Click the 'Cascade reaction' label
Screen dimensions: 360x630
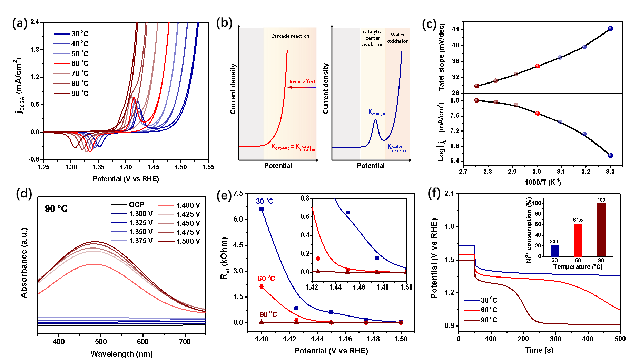coord(290,36)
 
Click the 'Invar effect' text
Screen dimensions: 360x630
coord(302,81)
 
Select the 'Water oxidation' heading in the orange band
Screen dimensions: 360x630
coord(398,38)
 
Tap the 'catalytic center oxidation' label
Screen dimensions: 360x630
coord(373,38)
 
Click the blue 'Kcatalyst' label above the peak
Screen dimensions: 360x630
coord(377,112)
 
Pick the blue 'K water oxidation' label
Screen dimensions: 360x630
coord(398,148)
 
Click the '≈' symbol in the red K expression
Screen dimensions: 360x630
coord(292,147)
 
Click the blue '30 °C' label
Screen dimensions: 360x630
coord(265,201)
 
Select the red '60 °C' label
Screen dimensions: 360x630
coord(266,279)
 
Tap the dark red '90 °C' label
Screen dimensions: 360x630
coord(268,314)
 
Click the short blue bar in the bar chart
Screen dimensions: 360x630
coord(555,251)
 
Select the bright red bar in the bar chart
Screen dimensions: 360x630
coord(578,240)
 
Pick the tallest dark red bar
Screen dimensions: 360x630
coord(601,230)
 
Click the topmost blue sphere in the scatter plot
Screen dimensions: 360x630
coord(610,28)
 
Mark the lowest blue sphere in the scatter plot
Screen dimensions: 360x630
coord(610,156)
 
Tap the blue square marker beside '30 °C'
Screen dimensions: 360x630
coord(262,209)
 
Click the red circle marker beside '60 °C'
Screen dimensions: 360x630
coord(262,286)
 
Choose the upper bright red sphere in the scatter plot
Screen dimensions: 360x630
coord(538,66)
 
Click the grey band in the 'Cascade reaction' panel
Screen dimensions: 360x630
coord(252,93)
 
